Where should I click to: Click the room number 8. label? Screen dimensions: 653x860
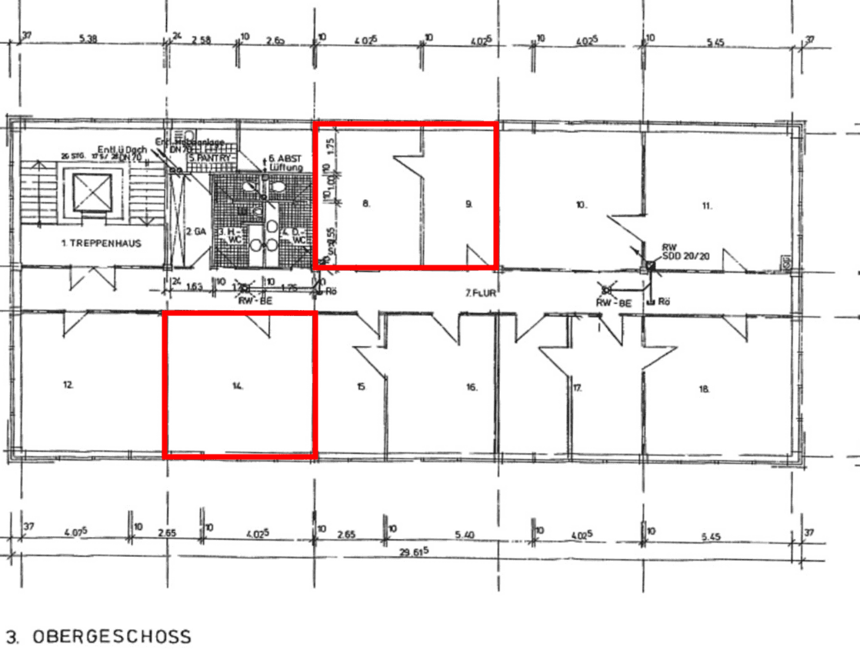coord(367,204)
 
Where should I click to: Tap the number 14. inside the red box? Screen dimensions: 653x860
coord(238,387)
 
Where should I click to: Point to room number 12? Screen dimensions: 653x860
coord(68,385)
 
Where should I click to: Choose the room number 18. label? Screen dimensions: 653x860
coord(703,389)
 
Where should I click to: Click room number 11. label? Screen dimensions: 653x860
coord(707,205)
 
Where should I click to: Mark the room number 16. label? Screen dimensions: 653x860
coord(472,388)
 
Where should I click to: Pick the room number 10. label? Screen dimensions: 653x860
coord(581,205)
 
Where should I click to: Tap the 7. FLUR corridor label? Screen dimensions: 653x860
coord(478,293)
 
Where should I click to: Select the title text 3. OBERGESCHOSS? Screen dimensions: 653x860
coord(98,637)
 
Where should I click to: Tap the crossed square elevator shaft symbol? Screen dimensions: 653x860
coord(92,192)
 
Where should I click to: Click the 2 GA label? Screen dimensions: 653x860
coord(195,231)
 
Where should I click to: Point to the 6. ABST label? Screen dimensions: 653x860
coord(285,158)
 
